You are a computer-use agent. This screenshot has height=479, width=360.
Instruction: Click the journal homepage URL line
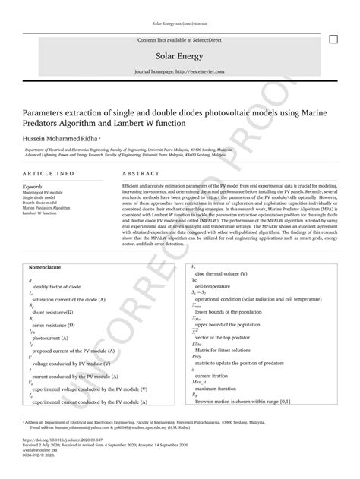tap(180, 73)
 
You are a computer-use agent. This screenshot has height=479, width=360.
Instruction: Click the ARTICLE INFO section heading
tap(49, 173)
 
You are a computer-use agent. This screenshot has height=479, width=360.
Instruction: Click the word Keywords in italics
tap(33, 186)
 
